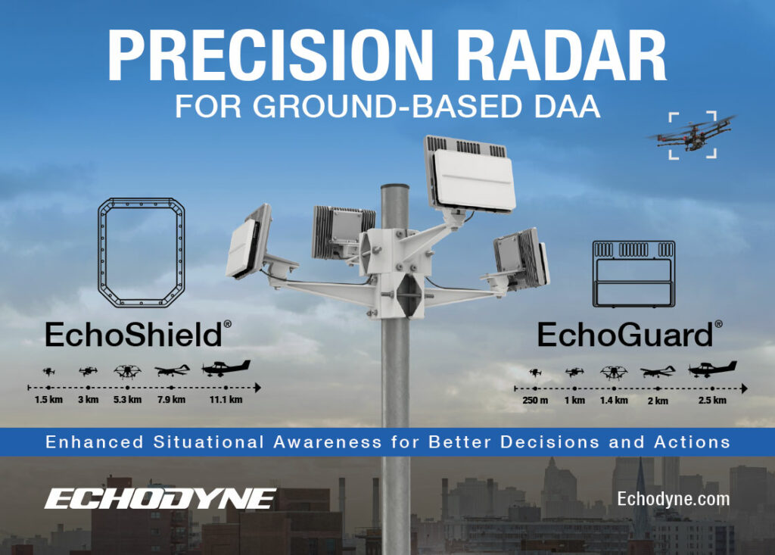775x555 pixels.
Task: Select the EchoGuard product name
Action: (630, 335)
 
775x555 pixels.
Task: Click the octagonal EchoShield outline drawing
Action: (100, 252)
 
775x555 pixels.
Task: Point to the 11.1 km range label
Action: (226, 400)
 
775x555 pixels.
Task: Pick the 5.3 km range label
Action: (127, 400)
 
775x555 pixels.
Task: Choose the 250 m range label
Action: (535, 401)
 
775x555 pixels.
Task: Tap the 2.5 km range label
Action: (712, 401)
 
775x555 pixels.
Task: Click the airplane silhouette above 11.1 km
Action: (226, 368)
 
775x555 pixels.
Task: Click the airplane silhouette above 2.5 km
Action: (712, 369)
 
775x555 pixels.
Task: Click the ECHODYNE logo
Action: (160, 499)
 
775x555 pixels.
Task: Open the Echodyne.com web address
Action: (673, 499)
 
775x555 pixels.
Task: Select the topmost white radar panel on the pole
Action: (469, 174)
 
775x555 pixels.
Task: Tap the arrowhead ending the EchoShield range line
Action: (257, 388)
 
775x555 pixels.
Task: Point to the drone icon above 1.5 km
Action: (48, 371)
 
